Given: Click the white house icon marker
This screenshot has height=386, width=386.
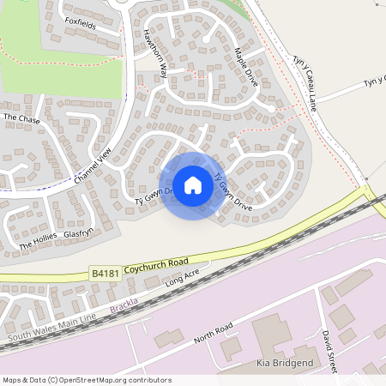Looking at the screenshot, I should pyautogui.click(x=193, y=185).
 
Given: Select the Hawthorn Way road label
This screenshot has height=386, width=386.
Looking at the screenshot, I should pyautogui.click(x=154, y=59).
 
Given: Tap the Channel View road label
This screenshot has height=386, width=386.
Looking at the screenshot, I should pyautogui.click(x=93, y=166).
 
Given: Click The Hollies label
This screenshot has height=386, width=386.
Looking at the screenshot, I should pyautogui.click(x=37, y=247).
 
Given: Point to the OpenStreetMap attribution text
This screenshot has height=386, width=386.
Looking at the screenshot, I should pyautogui.click(x=86, y=380).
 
